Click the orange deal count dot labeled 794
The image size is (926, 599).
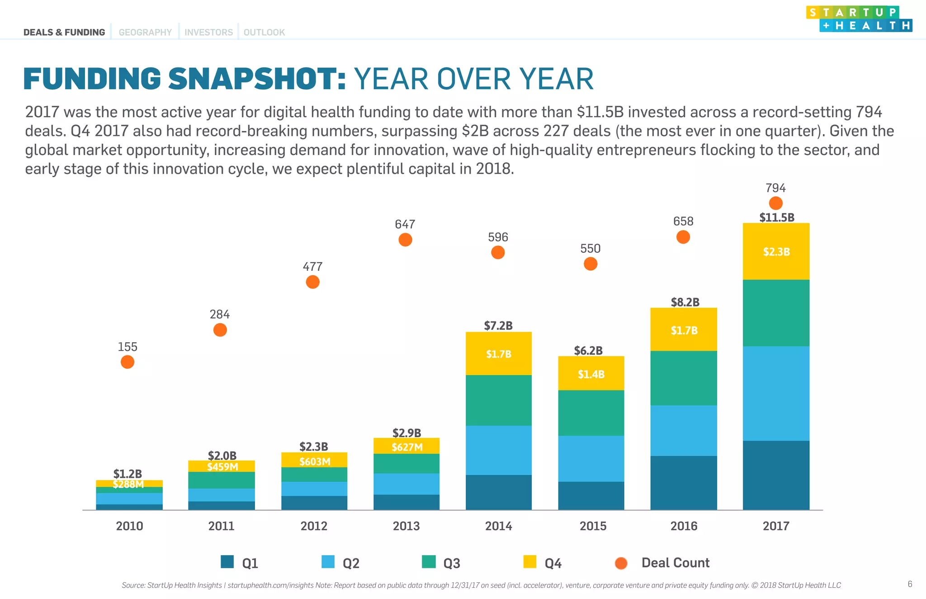coord(775,203)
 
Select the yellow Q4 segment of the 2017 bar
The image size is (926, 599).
coord(776,264)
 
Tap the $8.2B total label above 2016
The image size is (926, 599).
coord(685,302)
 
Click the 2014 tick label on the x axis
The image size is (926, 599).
coord(498,526)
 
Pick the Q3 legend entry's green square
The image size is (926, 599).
coord(428,562)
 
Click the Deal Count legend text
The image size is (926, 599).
coord(675,563)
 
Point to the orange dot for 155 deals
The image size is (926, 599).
coord(128,362)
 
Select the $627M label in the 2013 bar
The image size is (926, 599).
coord(407,447)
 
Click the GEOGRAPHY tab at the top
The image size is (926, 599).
coord(145,33)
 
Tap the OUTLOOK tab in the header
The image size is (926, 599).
coord(264,33)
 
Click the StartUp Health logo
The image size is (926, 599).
coord(859,19)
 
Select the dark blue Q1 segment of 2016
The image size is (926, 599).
coord(683,482)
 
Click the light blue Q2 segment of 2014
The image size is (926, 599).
coord(498,450)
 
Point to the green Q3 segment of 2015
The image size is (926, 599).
coord(591,413)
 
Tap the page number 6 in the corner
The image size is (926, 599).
coord(910,584)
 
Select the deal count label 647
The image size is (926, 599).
coord(405,224)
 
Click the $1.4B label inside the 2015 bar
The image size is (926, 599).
coord(591,374)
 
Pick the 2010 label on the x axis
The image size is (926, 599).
coord(129,526)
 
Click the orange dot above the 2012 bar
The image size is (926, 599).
coord(312,282)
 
